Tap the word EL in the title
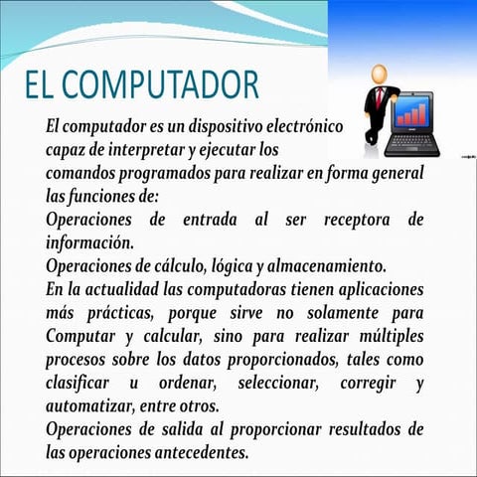[x=45, y=86]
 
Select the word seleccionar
[x=268, y=383]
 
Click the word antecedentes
[x=193, y=452]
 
